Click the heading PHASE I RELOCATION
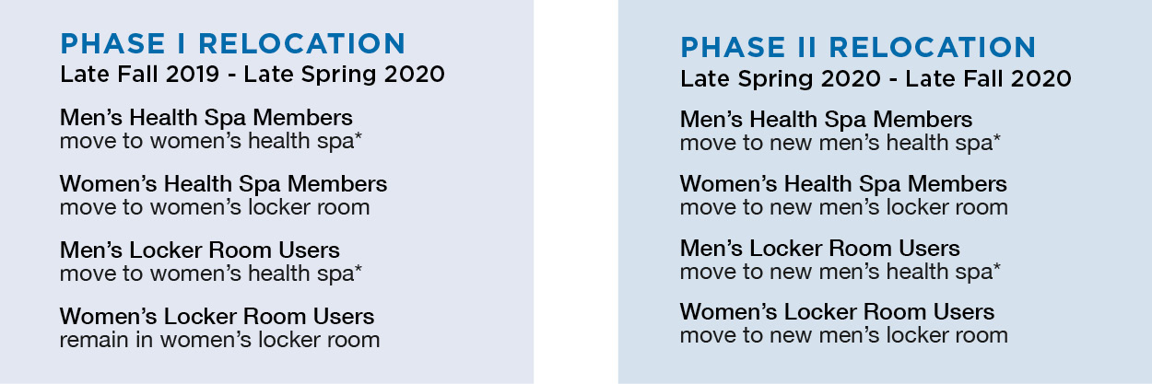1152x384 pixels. (x=233, y=43)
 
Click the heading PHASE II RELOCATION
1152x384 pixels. (x=858, y=47)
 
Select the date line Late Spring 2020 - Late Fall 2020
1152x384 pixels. (x=876, y=78)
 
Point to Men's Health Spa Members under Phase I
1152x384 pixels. (x=206, y=118)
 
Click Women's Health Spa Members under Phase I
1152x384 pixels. (x=223, y=184)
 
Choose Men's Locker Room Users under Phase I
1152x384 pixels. (x=200, y=250)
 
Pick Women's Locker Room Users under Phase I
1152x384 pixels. (x=217, y=316)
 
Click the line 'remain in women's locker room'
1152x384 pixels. (x=219, y=340)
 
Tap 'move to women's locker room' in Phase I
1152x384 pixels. (x=215, y=208)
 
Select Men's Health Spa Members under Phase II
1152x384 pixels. (x=826, y=120)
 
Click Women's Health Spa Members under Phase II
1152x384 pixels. (x=843, y=184)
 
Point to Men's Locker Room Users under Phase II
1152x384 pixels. (x=820, y=249)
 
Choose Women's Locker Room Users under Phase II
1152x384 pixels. (x=837, y=312)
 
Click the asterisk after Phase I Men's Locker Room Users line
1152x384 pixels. (x=358, y=269)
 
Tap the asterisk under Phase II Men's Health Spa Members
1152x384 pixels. (x=996, y=138)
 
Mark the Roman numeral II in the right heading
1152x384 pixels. (x=807, y=47)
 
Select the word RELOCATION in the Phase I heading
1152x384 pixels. (x=302, y=43)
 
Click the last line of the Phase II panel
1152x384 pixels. (x=843, y=336)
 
